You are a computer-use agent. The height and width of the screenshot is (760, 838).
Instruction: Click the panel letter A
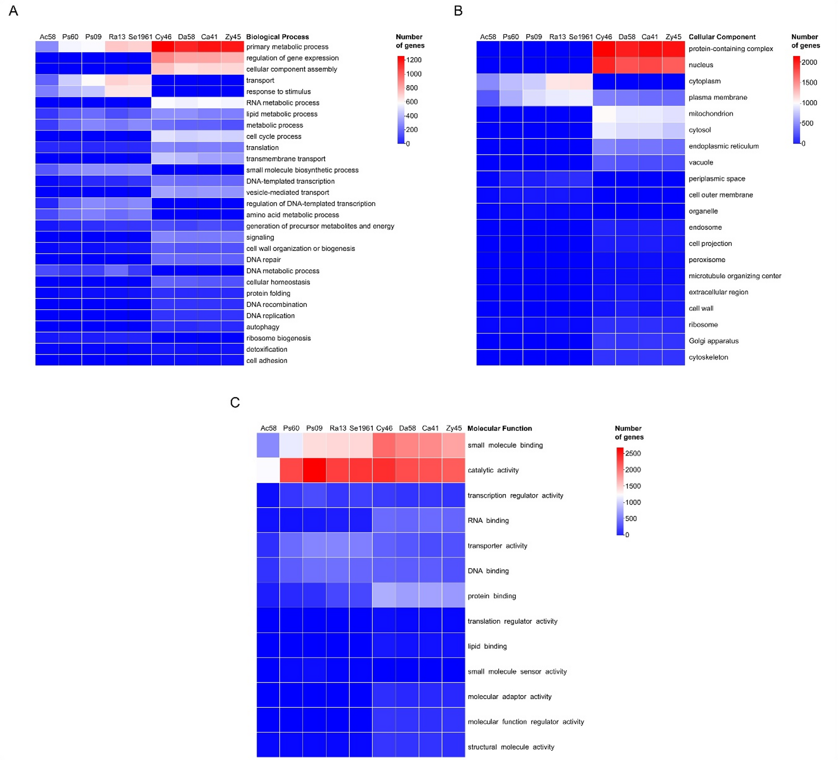click(x=13, y=11)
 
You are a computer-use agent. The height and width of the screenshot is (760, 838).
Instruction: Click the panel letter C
click(x=235, y=402)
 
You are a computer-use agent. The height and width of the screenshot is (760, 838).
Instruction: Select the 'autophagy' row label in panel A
click(x=263, y=327)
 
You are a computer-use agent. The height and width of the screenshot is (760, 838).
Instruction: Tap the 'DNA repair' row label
click(x=263, y=260)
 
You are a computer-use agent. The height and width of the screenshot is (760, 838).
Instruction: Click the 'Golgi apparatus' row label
click(x=713, y=341)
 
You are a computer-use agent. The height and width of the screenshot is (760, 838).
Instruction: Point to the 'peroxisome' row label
click(x=707, y=260)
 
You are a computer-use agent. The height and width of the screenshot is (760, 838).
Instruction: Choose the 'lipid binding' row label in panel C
click(x=487, y=646)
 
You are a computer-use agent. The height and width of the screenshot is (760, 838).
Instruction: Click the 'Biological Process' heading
click(x=277, y=37)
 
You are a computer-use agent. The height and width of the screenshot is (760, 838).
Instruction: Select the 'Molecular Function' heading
click(x=499, y=428)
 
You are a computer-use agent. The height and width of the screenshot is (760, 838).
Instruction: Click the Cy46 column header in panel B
click(x=603, y=37)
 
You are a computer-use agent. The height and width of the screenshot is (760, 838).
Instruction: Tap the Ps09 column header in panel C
click(x=314, y=428)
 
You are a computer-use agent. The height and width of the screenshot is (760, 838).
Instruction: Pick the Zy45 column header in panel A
click(x=233, y=37)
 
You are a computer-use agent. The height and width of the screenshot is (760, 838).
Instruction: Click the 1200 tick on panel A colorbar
click(x=414, y=60)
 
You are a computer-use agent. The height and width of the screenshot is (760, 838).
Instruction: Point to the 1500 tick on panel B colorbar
click(x=809, y=83)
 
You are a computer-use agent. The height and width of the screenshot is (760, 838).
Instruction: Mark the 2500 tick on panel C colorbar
click(x=633, y=453)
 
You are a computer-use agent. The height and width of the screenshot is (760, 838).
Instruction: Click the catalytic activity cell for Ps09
click(x=315, y=470)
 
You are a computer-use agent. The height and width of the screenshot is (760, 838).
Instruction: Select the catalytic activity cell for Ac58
click(x=268, y=470)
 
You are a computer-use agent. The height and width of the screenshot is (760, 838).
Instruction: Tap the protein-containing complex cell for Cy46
click(x=604, y=49)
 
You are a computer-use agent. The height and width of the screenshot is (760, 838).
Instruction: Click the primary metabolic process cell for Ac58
click(x=47, y=47)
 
